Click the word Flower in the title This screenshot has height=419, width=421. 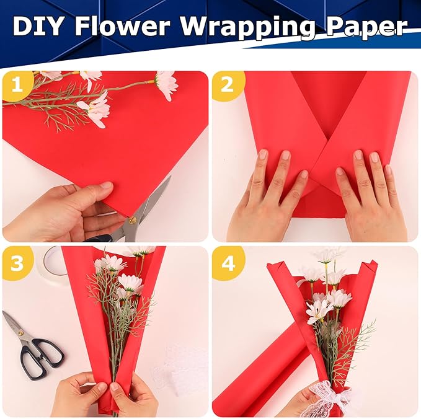click(x=130, y=27)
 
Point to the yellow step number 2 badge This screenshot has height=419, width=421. click(x=227, y=86)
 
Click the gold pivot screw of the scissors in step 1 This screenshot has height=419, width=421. click(x=132, y=219)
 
